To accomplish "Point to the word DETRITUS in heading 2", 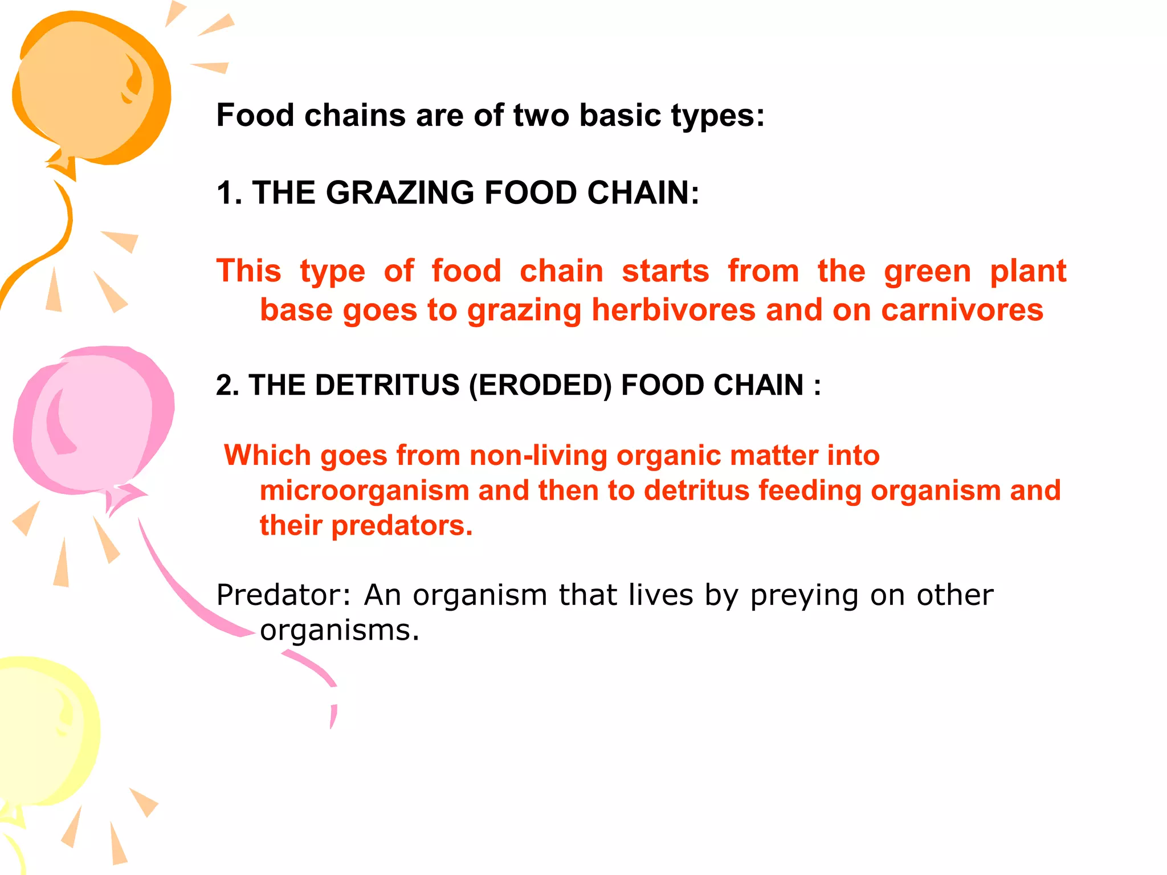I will (x=387, y=385).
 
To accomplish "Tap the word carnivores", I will (x=962, y=310).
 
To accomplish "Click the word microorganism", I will (x=364, y=490).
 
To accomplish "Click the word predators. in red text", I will (x=402, y=525).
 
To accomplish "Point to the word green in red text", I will (x=927, y=272).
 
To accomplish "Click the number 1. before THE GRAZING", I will (x=229, y=193).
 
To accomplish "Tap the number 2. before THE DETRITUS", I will (x=228, y=385).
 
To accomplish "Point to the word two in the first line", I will (x=541, y=116).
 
